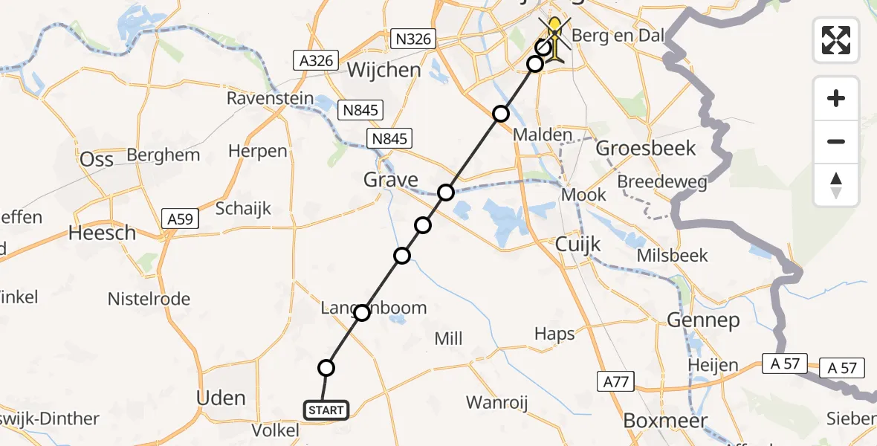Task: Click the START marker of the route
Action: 326,410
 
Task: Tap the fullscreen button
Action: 836,39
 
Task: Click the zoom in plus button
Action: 836,98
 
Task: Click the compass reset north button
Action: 836,185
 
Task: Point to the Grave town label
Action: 390,180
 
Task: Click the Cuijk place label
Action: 578,245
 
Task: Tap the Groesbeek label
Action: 646,149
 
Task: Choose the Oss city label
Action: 96,160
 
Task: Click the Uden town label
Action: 221,398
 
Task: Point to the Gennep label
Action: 703,321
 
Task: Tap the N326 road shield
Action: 412,39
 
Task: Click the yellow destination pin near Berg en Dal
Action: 554,31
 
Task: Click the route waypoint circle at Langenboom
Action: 362,313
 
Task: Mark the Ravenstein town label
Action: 266,98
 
